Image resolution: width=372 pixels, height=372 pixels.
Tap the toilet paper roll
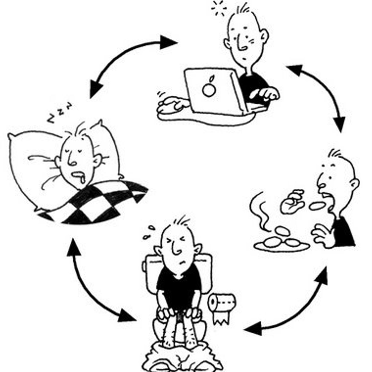coord(222,302)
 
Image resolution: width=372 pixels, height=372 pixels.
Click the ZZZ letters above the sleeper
coord(60,113)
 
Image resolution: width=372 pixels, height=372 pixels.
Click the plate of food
coord(282,243)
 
